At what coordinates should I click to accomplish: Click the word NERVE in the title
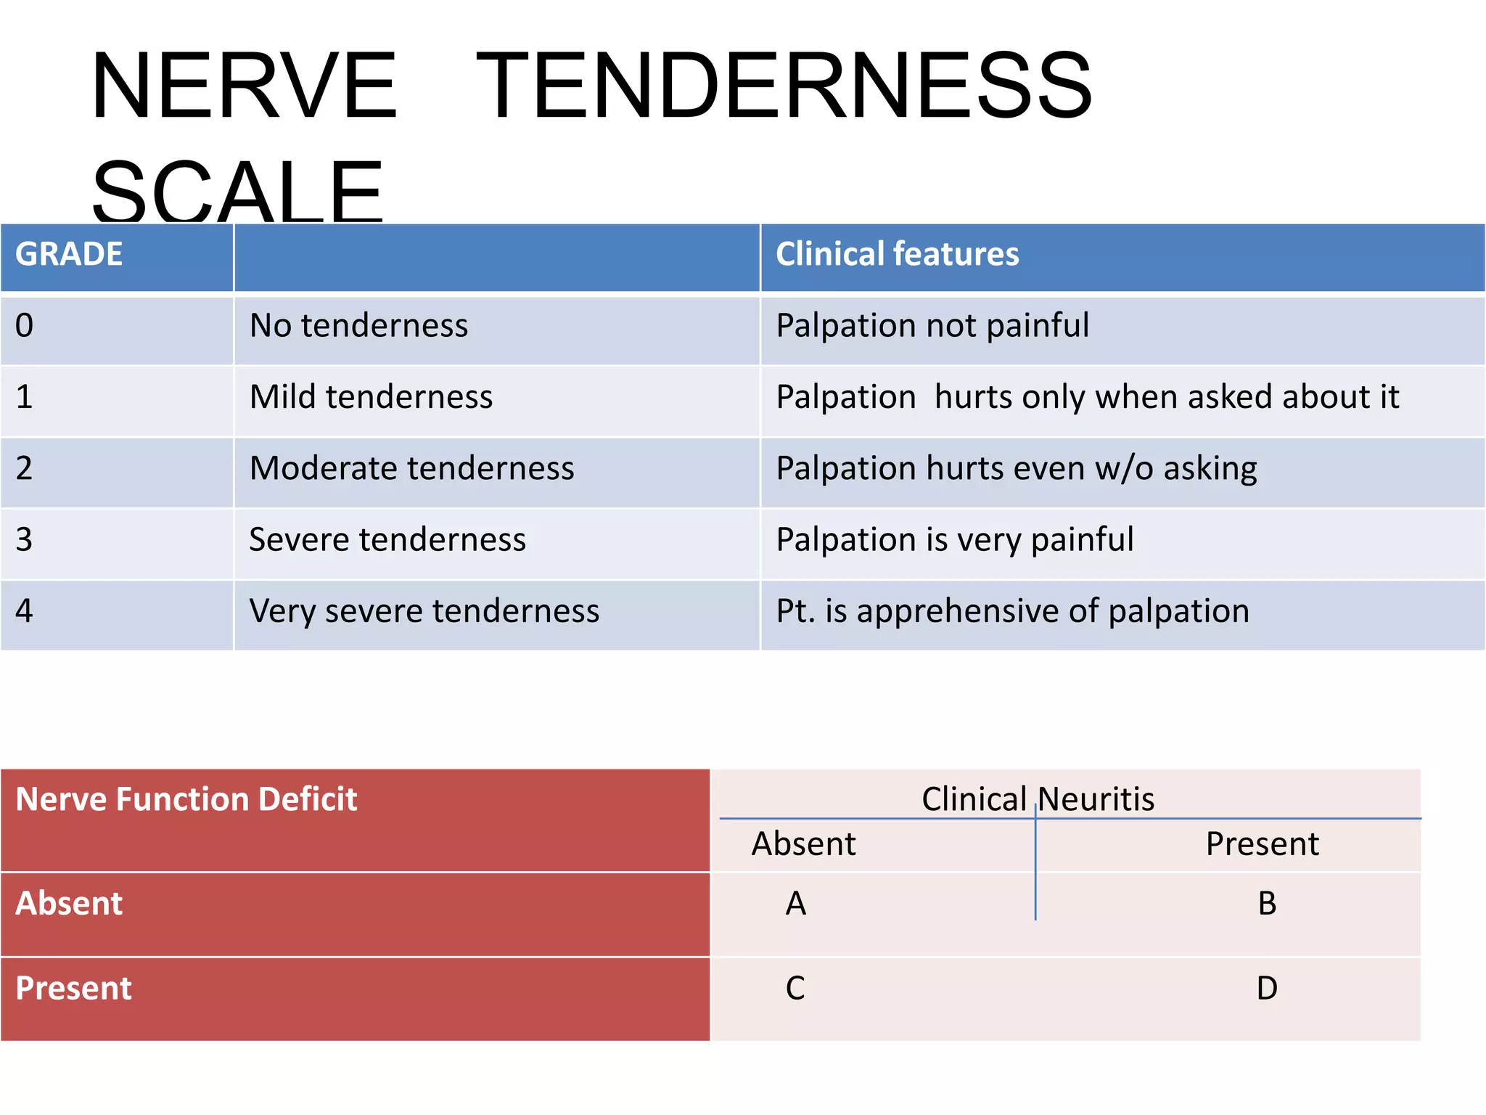[244, 86]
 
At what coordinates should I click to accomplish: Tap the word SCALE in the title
[237, 191]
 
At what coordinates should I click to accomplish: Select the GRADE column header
[69, 255]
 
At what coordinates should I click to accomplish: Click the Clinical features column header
[897, 255]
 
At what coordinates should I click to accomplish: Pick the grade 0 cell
[25, 326]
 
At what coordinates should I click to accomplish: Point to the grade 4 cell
[25, 611]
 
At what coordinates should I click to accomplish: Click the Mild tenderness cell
[371, 397]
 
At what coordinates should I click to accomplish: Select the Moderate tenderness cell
[411, 468]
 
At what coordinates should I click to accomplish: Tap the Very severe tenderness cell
[424, 611]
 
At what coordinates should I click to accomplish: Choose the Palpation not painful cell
[932, 326]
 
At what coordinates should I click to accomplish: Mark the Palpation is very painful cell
[954, 540]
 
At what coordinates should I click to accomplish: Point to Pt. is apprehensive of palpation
[1012, 611]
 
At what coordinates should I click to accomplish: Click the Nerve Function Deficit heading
[186, 799]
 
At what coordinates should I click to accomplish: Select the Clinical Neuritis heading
[1038, 799]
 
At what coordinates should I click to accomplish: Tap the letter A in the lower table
[796, 904]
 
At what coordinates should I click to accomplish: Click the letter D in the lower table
[1267, 989]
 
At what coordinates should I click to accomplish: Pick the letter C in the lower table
[795, 989]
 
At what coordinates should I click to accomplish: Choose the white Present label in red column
[73, 989]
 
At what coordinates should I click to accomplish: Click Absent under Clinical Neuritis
[803, 844]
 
